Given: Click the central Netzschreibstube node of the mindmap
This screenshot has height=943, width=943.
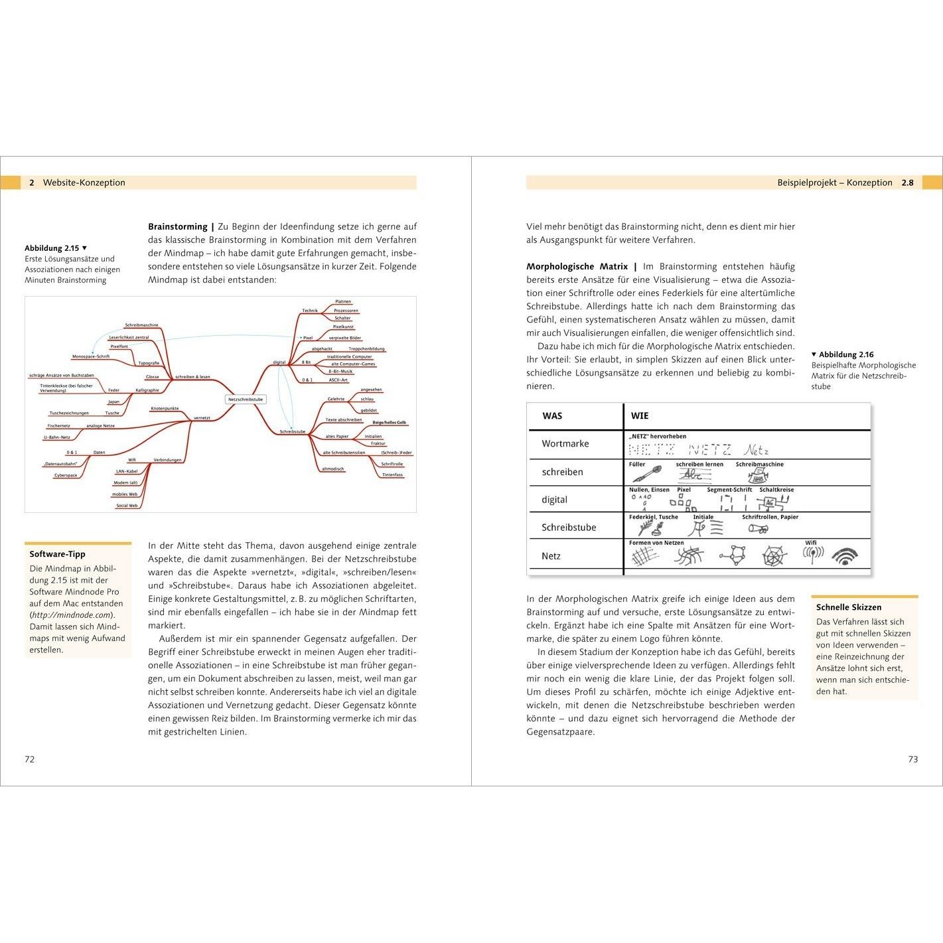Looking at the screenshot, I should (246, 399).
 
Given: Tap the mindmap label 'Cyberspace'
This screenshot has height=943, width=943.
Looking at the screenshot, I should (66, 475).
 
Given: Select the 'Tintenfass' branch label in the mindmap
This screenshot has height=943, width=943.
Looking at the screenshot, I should (392, 474).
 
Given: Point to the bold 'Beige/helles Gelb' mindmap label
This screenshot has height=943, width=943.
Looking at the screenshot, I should (389, 422).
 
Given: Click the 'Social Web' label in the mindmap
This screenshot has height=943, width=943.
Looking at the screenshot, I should (127, 506).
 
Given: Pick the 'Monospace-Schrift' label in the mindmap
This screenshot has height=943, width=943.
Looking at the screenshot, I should (91, 356).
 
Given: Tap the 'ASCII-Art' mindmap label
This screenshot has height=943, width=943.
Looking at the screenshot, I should (338, 380).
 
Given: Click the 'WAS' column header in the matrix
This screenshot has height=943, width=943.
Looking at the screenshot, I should (552, 416).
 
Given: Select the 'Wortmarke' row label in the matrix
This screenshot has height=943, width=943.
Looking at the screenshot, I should (565, 444).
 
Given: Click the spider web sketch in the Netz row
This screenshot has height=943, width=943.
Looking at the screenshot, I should (774, 555).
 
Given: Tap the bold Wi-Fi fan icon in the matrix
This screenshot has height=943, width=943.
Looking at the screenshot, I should (845, 556).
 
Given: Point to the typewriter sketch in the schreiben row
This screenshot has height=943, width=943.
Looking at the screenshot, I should (758, 474).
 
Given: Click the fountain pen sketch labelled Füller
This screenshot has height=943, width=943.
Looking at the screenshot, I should (646, 474).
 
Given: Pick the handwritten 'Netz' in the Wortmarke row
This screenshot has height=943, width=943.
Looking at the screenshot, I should (756, 450).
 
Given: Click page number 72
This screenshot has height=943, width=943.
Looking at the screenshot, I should (30, 759).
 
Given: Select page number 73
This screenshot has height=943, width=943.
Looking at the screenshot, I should (913, 759).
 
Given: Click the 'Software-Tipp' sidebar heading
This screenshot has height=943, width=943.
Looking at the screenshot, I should (58, 554).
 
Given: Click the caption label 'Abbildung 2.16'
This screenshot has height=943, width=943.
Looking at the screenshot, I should (846, 354).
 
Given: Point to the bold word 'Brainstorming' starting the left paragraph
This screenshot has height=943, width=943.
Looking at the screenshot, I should (177, 226).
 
